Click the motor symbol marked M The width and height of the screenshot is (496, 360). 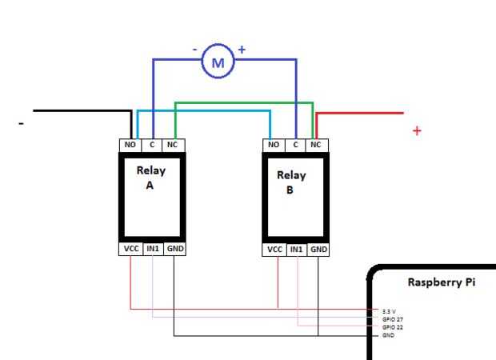coord(217,61)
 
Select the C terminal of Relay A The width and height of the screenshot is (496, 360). coord(153,145)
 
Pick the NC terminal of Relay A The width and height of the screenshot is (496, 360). coord(174,145)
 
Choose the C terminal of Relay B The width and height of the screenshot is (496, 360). coord(296,145)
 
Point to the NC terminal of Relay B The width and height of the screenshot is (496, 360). coord(316,145)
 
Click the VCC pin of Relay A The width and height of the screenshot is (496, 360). coord(130,249)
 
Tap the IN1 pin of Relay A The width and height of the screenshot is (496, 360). coord(153,249)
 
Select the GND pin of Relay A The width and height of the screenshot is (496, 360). coord(175,249)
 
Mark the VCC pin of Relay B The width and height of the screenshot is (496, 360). coord(274,249)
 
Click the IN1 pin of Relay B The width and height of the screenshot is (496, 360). coord(297,249)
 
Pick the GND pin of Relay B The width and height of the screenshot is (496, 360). coord(318,249)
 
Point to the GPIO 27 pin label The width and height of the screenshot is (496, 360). coord(391,318)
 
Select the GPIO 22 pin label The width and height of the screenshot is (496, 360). coord(391,326)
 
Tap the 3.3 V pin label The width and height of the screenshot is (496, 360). coord(389,311)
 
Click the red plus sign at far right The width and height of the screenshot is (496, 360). coord(417,130)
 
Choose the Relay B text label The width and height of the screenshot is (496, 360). coord(291,182)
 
